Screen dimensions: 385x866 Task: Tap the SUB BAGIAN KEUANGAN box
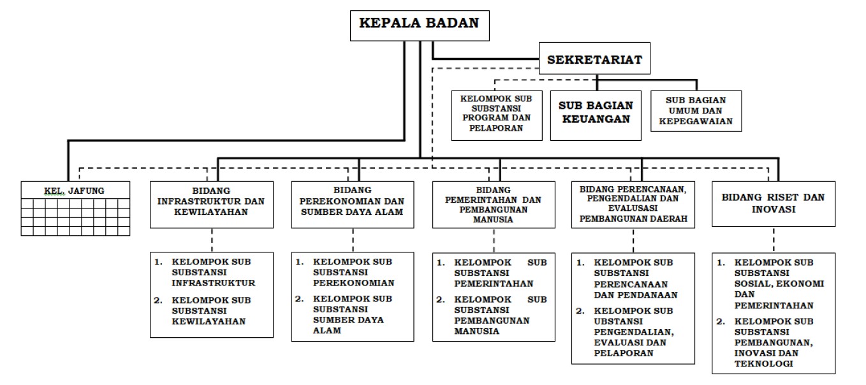point(596,112)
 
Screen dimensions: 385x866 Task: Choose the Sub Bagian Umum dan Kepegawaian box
point(696,110)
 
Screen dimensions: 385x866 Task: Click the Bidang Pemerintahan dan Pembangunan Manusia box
point(493,205)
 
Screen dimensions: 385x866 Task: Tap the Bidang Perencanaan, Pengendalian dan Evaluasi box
point(633,204)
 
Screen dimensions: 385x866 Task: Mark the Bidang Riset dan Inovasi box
point(773,203)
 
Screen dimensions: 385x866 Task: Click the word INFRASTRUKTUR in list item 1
point(214,282)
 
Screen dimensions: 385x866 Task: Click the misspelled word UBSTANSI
point(619,321)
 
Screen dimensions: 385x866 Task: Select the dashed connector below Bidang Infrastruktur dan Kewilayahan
point(210,239)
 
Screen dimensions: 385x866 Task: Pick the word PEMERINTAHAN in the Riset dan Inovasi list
point(772,305)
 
